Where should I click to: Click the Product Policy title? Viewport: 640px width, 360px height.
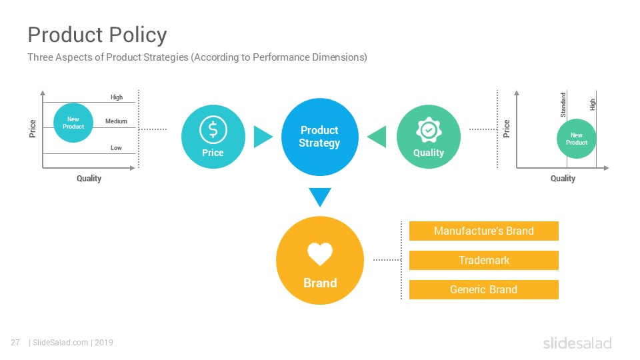(97, 35)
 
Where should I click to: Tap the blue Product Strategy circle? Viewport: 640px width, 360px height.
(319, 137)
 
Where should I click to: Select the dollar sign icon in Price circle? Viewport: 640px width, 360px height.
(213, 130)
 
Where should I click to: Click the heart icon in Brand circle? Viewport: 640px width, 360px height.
(320, 254)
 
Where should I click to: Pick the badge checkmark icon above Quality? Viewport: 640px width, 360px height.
(429, 130)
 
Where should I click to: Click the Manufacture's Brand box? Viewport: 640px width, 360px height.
(484, 231)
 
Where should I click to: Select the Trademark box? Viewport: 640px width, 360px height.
(484, 261)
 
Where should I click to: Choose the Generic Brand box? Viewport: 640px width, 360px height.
(484, 290)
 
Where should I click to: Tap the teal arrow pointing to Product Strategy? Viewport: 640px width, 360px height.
(263, 137)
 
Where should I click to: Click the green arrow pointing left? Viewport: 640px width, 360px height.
(377, 137)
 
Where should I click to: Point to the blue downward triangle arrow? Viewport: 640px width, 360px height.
(320, 197)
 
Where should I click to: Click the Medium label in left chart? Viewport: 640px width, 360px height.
(116, 121)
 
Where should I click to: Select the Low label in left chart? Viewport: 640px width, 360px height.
(116, 148)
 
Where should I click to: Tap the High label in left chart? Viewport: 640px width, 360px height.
(117, 97)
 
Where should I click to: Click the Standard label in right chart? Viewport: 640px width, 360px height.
(563, 105)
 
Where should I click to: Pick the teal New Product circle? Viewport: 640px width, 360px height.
(73, 123)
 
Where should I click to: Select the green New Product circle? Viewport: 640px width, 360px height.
(576, 139)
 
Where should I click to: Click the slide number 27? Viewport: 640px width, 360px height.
(15, 343)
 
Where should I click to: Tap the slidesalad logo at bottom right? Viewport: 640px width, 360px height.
(577, 343)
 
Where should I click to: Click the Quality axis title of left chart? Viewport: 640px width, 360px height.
(89, 179)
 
